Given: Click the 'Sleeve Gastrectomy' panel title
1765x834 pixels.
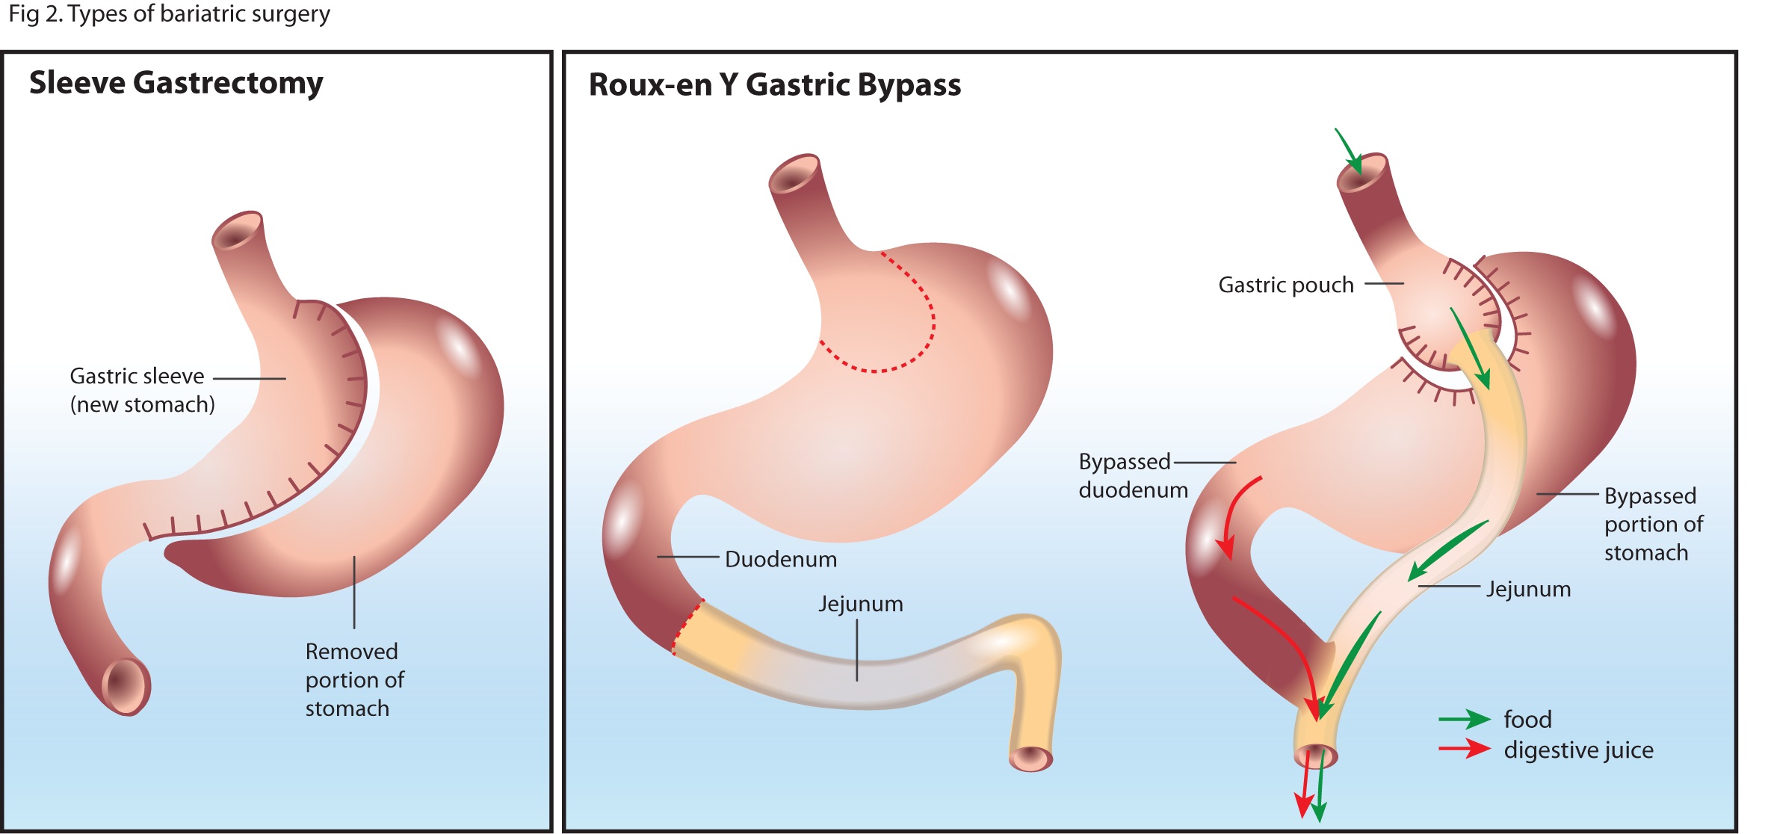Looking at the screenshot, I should (x=176, y=83).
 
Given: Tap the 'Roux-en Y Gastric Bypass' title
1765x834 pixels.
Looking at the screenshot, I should (x=774, y=85).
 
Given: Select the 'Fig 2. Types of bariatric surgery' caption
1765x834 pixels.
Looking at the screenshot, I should (x=169, y=14).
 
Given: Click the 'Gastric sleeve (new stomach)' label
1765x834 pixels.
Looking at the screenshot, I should (x=142, y=390).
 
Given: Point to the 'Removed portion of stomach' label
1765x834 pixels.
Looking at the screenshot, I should (x=354, y=679).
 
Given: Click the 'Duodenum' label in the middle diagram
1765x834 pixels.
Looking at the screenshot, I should (x=780, y=559).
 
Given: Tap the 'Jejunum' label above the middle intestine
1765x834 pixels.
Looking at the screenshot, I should (x=860, y=604).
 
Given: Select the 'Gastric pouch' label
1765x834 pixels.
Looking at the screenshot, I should (x=1285, y=285).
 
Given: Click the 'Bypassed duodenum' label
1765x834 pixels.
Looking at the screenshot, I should (x=1132, y=476).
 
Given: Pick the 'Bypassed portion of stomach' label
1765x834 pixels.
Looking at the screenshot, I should (x=1653, y=524).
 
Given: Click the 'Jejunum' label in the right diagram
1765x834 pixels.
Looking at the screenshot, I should (x=1528, y=589).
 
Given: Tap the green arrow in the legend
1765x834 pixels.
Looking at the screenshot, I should (x=1464, y=719).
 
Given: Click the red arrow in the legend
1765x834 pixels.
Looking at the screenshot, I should (x=1464, y=748).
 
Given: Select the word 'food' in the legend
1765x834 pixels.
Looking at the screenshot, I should (x=1527, y=719).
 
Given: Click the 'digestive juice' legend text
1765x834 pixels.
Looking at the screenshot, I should (x=1578, y=750).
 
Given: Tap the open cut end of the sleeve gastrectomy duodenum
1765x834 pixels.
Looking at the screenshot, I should (x=126, y=685).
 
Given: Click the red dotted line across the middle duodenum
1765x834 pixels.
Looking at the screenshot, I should (x=687, y=626).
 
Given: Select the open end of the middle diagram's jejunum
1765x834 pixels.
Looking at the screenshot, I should (x=1030, y=759).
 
